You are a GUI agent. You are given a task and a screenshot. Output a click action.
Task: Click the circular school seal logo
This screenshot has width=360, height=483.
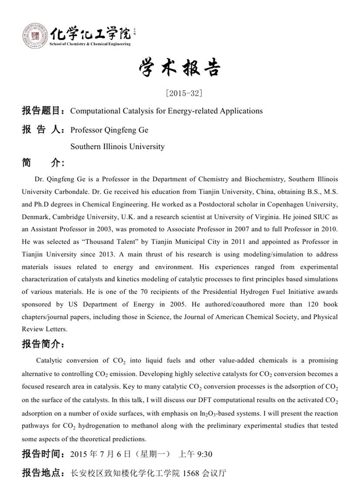[35, 36]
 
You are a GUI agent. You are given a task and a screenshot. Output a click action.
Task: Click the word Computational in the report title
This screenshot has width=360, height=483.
[94, 110]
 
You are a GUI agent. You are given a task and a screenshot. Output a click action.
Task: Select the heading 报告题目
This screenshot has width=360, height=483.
[42, 110]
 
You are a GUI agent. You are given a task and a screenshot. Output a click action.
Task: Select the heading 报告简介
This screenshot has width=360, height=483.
[42, 343]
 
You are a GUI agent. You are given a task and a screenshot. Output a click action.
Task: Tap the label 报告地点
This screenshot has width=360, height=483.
[42, 473]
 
